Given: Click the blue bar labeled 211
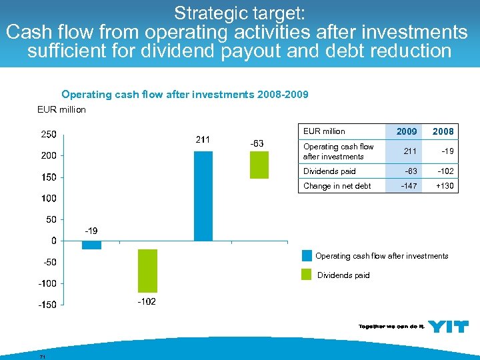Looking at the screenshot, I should (203, 195).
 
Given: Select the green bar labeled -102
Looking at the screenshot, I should (147, 271).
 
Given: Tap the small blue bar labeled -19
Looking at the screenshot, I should (91, 245).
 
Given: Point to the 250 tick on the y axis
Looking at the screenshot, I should (49, 134).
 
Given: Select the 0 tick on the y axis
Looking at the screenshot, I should (53, 241).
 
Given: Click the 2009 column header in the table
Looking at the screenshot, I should (406, 131).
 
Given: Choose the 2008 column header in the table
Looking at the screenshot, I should (443, 131).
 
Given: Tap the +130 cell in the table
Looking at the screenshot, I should (445, 186).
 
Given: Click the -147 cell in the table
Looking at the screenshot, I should (408, 186).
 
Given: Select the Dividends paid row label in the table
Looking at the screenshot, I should (329, 171).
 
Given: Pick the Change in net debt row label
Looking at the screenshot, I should (337, 186).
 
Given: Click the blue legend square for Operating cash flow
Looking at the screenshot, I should (307, 255).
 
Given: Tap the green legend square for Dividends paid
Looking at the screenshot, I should (307, 275).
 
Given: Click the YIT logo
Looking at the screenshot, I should (447, 326).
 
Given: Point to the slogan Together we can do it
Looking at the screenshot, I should (391, 326).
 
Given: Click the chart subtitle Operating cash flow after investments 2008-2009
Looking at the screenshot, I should (185, 95).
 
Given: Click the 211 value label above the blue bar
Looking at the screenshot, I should (203, 140).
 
